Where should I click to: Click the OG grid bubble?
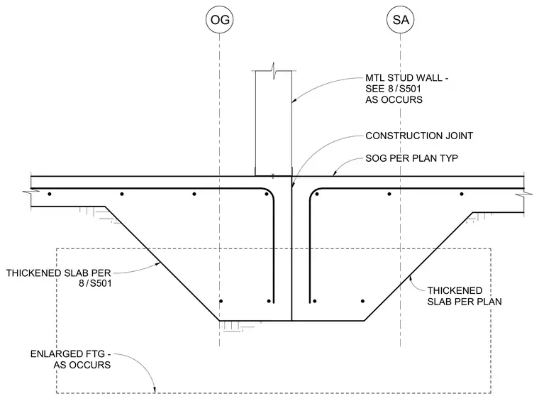coord(220,20)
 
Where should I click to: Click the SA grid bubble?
coord(401,20)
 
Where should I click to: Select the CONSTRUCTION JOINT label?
coord(419,136)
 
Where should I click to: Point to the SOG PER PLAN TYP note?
coord(411,158)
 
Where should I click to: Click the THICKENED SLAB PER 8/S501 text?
coord(59,278)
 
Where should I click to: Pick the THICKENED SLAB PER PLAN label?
coord(465,296)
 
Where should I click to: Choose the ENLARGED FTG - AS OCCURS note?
coord(70,359)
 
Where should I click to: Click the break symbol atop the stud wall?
coord(274,71)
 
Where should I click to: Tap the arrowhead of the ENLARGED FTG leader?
coord(155,390)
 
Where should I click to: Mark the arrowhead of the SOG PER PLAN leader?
coord(335,174)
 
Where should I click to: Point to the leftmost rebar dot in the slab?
coord(50,194)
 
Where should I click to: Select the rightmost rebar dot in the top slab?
coord(462,194)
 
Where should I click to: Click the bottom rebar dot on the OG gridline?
coord(221,301)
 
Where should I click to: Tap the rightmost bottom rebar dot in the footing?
coord(362,301)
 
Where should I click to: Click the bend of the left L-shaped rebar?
coord(269,192)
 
